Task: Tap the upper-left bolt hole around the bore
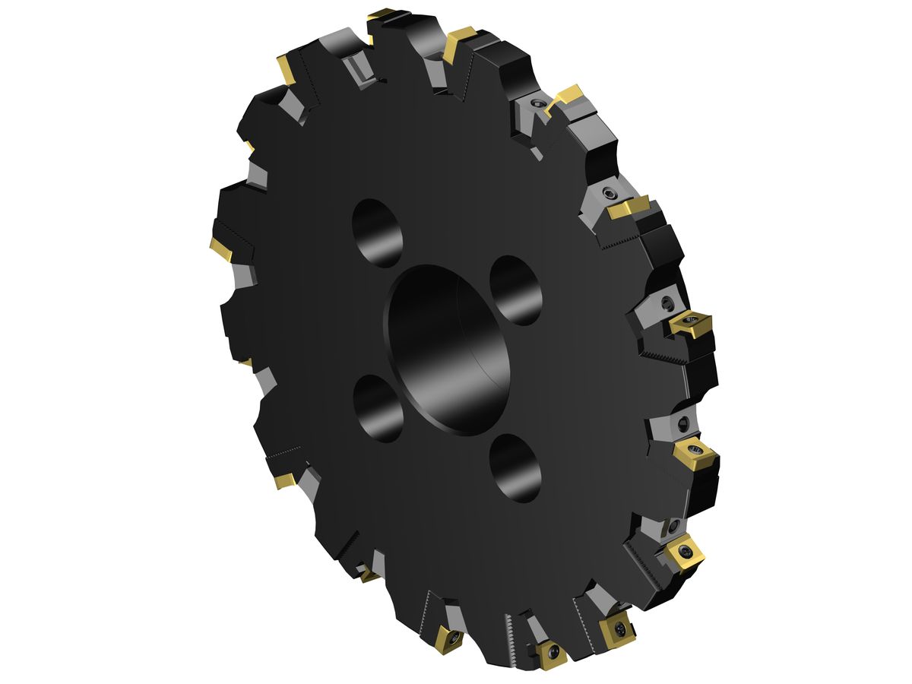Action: pyautogui.click(x=378, y=233)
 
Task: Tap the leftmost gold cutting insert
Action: pyautogui.click(x=221, y=248)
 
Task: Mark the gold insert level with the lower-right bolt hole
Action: pyautogui.click(x=695, y=456)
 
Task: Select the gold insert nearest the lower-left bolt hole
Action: pyautogui.click(x=284, y=480)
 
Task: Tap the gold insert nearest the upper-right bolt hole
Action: pyautogui.click(x=692, y=325)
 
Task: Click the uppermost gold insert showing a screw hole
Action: pyautogui.click(x=692, y=325)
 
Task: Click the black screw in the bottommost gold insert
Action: pyautogui.click(x=552, y=652)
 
